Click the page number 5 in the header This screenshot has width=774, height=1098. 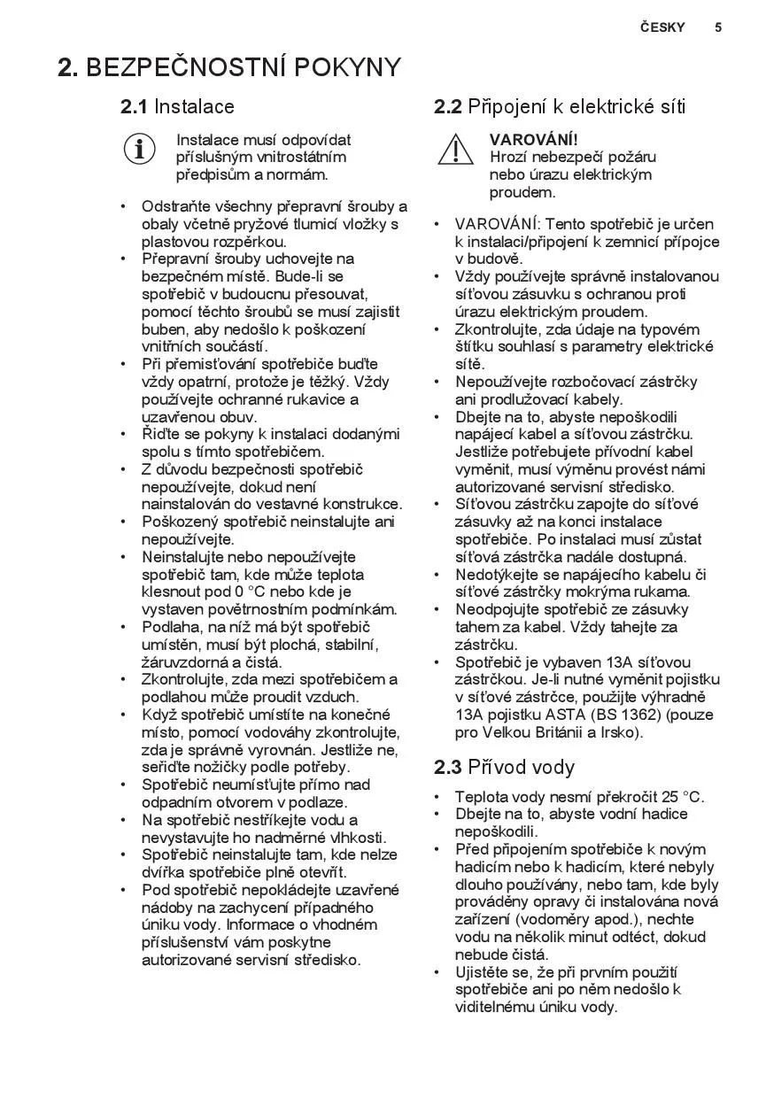718,27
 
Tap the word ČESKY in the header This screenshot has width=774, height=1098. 662,27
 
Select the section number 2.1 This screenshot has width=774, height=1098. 134,107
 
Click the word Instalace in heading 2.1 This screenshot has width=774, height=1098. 194,107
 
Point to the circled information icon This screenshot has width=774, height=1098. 139,149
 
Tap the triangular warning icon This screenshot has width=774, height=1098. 455,149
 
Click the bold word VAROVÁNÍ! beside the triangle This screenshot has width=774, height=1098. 533,140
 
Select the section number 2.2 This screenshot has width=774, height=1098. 448,107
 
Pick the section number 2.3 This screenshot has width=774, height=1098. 448,767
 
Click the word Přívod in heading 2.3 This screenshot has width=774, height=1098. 496,767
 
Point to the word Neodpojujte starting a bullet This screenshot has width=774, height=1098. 497,609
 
